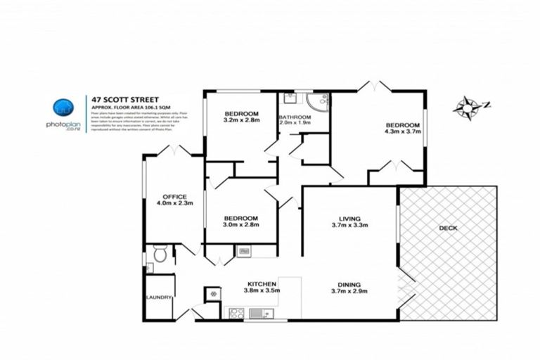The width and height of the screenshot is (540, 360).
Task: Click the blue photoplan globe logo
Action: pos(63,108)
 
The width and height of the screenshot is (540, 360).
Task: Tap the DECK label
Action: pos(448,228)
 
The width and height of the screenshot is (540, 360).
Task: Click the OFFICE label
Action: pos(174,196)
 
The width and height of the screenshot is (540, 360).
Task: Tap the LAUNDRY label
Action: pos(159,297)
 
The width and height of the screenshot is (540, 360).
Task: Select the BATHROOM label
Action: pos(295,117)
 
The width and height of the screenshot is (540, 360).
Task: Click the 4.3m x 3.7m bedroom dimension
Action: pos(402,130)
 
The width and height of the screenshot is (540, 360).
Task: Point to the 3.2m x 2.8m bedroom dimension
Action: pos(242,121)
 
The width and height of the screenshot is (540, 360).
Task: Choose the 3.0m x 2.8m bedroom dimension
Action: pos(241,225)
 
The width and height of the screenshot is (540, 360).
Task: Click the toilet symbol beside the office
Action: pos(160,255)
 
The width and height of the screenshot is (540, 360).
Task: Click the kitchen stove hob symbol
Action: pos(236,314)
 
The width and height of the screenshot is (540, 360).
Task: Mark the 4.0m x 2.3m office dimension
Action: pos(174,204)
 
